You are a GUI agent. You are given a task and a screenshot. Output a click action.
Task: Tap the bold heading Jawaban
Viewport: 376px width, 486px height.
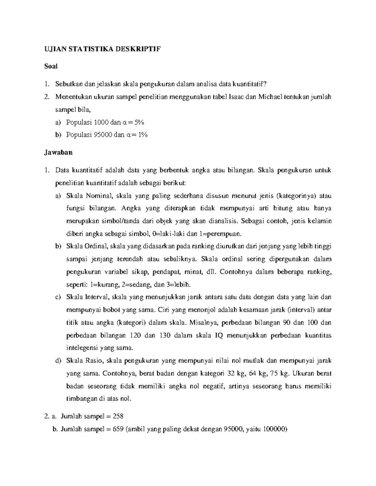58,152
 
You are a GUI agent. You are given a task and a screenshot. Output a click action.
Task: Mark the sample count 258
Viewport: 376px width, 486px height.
118,416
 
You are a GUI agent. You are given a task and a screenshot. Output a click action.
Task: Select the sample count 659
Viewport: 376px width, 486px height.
118,429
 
